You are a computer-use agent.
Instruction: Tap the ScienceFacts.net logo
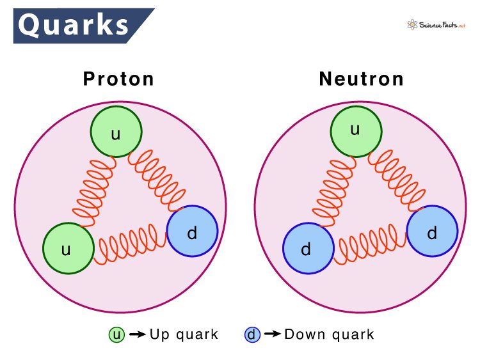click(436, 25)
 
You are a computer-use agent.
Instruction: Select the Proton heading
click(118, 79)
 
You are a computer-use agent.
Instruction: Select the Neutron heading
click(361, 79)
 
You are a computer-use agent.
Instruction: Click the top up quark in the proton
click(116, 132)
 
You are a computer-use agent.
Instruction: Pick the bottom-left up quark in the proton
click(68, 248)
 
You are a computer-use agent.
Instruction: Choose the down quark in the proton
click(192, 231)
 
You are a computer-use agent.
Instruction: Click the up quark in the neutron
click(356, 132)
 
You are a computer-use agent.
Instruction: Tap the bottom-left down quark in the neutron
click(308, 248)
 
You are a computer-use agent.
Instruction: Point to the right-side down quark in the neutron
click(432, 231)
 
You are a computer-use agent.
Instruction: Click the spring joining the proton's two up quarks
click(94, 192)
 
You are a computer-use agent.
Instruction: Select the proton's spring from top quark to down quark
click(157, 180)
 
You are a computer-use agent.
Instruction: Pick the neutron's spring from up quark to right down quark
click(397, 180)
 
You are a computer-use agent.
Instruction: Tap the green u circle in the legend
click(116, 334)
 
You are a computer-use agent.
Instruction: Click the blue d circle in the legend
click(252, 334)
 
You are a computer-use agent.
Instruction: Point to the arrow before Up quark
click(138, 334)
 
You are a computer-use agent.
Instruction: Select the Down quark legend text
click(329, 334)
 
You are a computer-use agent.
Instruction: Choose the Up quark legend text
click(184, 334)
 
